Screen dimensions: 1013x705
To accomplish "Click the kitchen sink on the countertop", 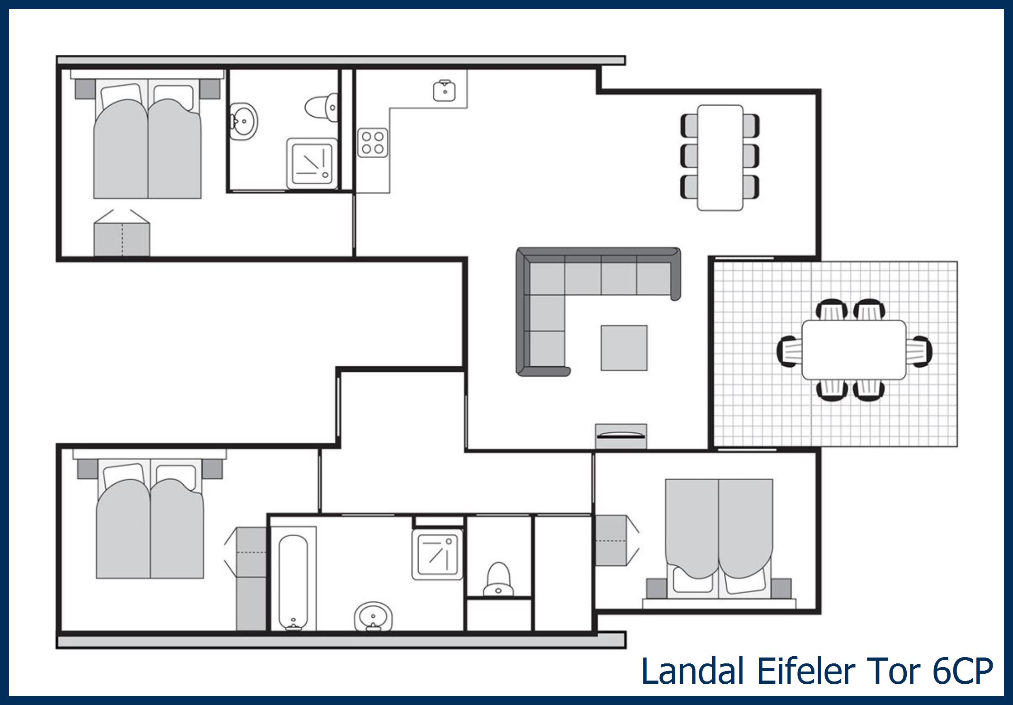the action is [445, 90].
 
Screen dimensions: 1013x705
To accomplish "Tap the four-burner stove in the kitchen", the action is [373, 143].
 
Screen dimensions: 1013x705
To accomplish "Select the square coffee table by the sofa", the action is [624, 348].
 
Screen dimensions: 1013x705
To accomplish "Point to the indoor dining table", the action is [720, 158].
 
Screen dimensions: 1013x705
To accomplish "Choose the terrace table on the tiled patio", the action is [854, 350].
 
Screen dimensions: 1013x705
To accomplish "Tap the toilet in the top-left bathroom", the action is [322, 108].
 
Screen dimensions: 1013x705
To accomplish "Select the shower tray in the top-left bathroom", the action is [312, 163].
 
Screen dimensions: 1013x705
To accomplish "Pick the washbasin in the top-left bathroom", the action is [243, 121].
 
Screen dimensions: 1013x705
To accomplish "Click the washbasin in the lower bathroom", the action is [373, 616].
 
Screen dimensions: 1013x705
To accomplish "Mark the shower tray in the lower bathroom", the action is [437, 555].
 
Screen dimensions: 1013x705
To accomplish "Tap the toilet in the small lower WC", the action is [498, 580].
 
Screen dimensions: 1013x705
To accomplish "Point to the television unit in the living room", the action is [621, 436].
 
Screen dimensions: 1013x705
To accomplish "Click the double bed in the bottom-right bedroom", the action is [719, 540].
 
